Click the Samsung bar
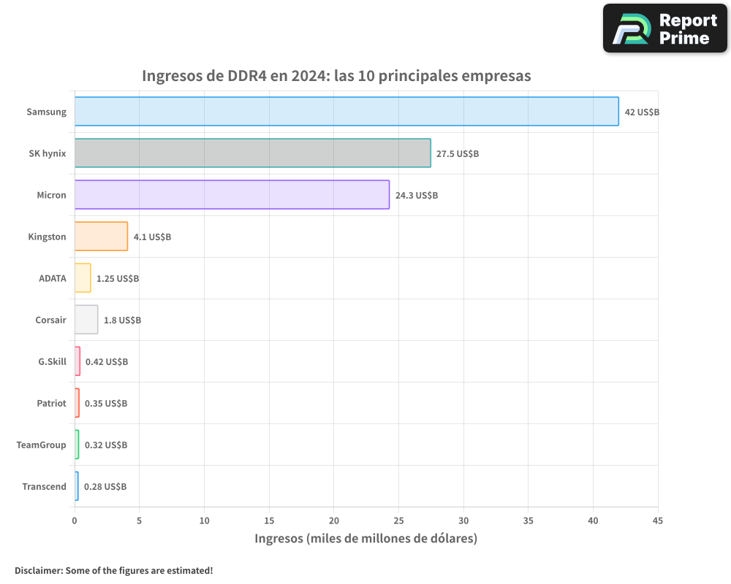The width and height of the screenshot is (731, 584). (346, 112)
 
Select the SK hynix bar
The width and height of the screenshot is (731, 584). (252, 153)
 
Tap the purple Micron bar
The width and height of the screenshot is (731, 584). (232, 195)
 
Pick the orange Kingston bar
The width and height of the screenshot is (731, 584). (101, 237)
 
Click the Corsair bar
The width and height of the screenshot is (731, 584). (86, 320)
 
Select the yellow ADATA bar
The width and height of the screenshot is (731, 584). (83, 278)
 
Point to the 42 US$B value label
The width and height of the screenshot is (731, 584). (642, 112)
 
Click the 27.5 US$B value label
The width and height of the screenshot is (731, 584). (457, 154)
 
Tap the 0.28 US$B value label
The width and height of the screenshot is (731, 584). (105, 487)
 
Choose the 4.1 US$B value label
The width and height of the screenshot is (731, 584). (152, 237)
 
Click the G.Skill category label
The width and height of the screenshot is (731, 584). (52, 361)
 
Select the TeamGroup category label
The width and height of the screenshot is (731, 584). (42, 445)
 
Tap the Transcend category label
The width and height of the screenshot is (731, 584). (44, 487)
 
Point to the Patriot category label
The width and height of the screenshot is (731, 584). (51, 403)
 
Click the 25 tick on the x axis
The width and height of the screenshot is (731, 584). (398, 520)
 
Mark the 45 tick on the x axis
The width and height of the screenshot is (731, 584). (657, 520)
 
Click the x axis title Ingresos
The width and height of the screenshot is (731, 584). (365, 539)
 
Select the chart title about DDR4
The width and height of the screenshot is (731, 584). (336, 76)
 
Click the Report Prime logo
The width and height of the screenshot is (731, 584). (665, 28)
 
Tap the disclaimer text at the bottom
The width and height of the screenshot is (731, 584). (113, 570)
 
